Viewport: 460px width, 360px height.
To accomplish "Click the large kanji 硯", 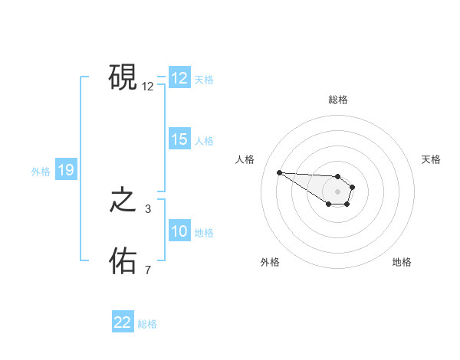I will coord(123,77).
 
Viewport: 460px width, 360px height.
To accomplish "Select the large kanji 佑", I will coord(123,261).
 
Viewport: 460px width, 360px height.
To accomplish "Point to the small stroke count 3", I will coord(148,208).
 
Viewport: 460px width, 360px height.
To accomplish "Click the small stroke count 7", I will coord(148,270).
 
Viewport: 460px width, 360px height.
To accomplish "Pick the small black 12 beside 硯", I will coord(148,87).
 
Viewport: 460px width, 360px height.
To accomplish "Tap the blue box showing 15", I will coord(179,139).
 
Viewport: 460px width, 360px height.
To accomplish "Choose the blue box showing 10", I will coord(179,231).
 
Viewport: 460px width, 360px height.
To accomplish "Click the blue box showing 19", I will coord(66,171).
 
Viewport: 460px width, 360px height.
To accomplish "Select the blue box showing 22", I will coord(123,322).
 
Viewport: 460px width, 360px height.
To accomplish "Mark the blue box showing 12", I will coord(179,78).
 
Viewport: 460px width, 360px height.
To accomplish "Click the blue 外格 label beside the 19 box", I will coord(41,172).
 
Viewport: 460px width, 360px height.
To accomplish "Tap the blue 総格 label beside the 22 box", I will coord(147,324).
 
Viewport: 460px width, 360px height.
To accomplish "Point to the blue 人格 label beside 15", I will coord(204,141).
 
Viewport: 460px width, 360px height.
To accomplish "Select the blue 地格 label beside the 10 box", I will coord(204,233).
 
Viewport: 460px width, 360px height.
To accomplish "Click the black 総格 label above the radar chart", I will coord(338,100).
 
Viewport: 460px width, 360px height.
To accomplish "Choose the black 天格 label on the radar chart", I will coord(432,159).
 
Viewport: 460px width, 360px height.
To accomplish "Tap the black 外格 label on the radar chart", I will coord(270,263).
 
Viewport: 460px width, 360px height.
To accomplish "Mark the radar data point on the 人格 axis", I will coord(279,172).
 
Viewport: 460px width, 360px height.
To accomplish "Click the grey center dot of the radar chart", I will coord(338,191).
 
